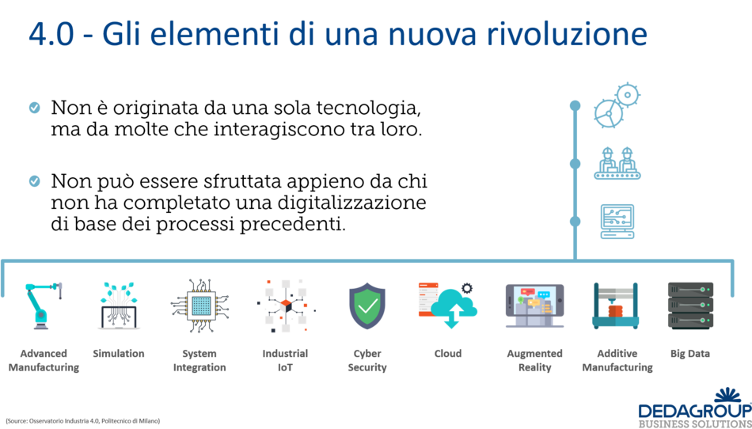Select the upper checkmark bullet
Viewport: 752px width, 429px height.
coord(34,108)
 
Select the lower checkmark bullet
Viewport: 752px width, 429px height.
coord(34,181)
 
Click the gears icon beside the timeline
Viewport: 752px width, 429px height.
coord(617,105)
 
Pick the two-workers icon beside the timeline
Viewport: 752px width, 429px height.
coord(617,163)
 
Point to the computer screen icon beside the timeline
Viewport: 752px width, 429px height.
coord(617,221)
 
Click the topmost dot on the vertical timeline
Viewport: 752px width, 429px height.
coord(575,105)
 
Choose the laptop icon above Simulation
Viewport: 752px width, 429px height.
coord(119,306)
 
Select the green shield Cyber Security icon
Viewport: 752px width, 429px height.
coord(367,306)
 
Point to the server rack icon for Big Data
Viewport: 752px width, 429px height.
coord(689,306)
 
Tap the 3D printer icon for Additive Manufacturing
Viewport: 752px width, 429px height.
coord(615,306)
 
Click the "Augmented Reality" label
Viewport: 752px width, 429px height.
coord(534,360)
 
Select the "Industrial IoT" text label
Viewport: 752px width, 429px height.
coord(285,360)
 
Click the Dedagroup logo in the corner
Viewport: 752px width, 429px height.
coord(694,408)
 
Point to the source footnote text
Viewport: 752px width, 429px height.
coord(82,420)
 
